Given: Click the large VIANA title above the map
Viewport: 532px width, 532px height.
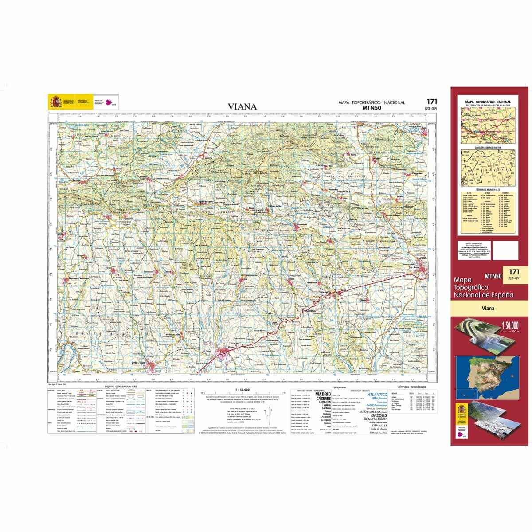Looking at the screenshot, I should tap(242, 106).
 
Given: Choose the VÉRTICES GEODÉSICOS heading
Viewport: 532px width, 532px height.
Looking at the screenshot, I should tap(412, 387).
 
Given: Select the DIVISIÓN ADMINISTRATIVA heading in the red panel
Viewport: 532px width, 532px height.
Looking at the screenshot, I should tap(488, 147).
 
